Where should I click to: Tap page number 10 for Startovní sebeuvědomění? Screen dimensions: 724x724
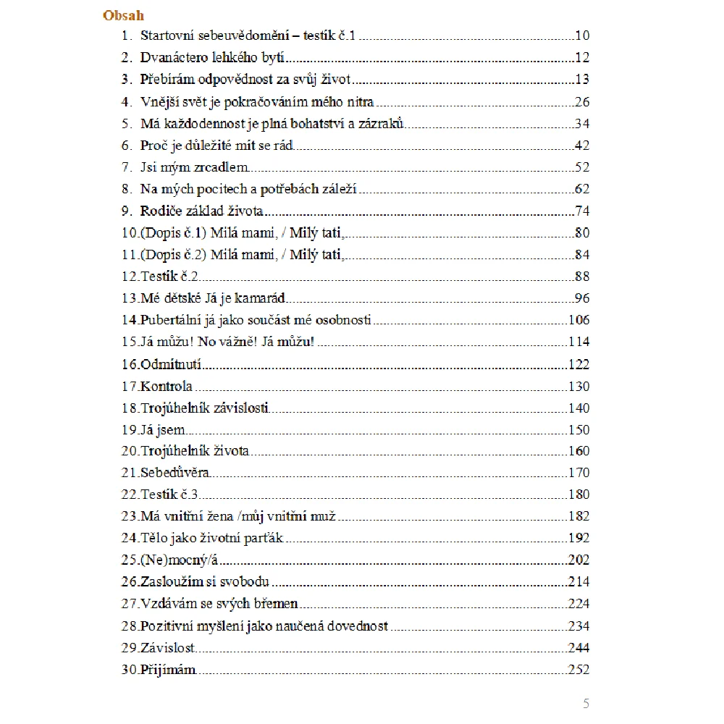tap(582, 35)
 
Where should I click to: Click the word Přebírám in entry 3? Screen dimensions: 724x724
tap(167, 80)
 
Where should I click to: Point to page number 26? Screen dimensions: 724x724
tap(582, 101)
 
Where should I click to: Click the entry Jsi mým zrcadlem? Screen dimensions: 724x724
tap(195, 167)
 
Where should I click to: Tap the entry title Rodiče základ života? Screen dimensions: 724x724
tap(201, 211)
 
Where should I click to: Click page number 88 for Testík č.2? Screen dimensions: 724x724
tap(582, 277)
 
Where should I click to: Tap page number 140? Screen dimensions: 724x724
tap(579, 408)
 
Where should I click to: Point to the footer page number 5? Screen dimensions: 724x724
tap(586, 704)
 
